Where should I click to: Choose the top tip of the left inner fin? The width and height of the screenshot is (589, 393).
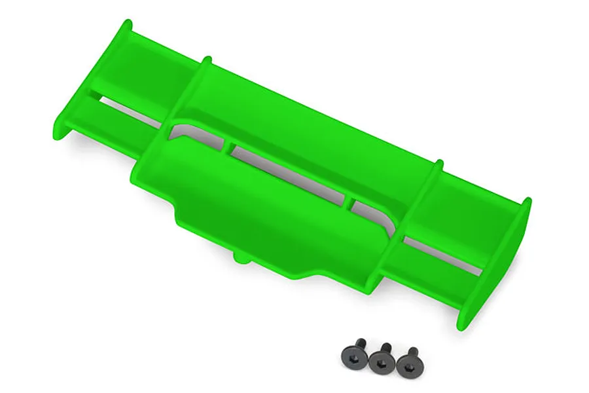point(206,60)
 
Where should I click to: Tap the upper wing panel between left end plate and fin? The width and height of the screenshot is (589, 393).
point(164,72)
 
